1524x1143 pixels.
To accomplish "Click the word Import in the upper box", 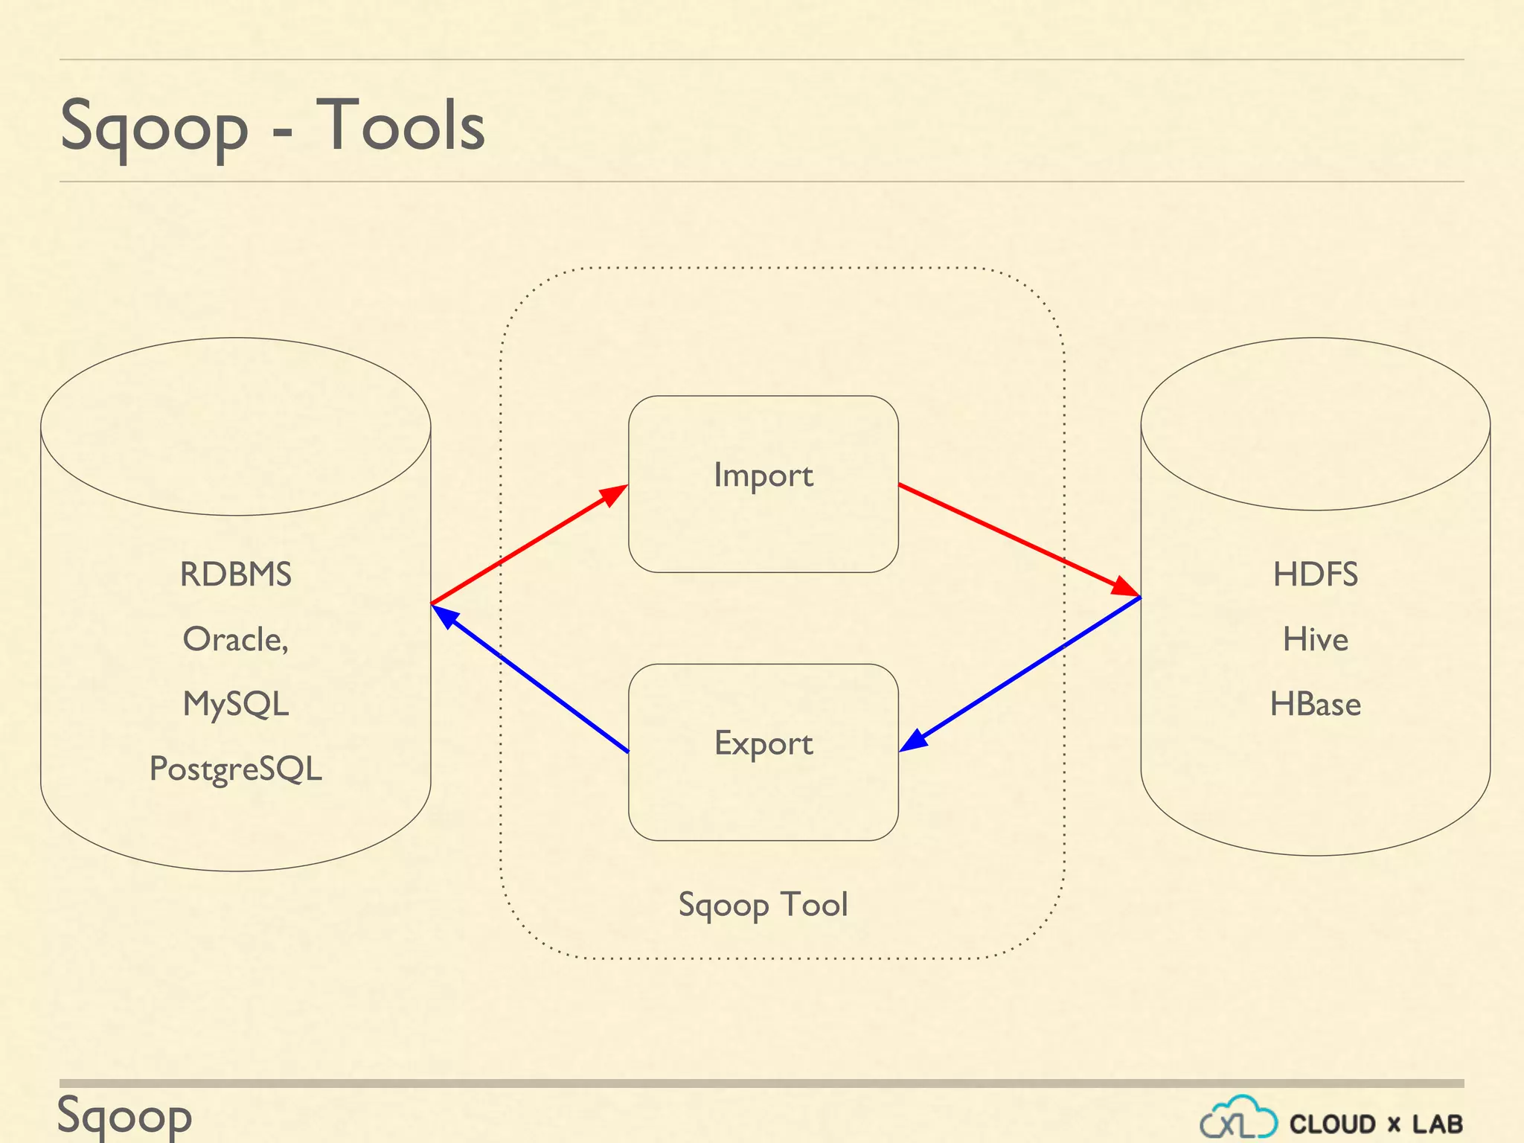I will click(x=763, y=476).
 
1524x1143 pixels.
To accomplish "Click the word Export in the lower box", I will click(x=763, y=743).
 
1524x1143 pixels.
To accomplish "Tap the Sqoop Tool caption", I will click(x=763, y=905).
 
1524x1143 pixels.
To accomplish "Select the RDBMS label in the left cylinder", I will click(x=235, y=574).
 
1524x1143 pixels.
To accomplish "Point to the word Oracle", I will click(x=234, y=639).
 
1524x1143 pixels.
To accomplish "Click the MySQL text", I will click(x=235, y=704).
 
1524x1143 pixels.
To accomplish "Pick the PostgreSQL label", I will click(x=235, y=769).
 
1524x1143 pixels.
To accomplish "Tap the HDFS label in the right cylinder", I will click(x=1315, y=574).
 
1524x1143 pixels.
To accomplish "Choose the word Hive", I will click(x=1315, y=639).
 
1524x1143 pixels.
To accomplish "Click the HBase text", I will click(x=1315, y=704).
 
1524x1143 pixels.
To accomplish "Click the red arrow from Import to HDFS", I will click(x=1019, y=541).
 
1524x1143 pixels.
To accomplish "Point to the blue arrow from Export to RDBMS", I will click(x=530, y=678).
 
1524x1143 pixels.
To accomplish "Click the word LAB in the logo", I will click(x=1438, y=1124).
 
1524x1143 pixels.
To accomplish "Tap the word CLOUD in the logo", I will click(x=1332, y=1124).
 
